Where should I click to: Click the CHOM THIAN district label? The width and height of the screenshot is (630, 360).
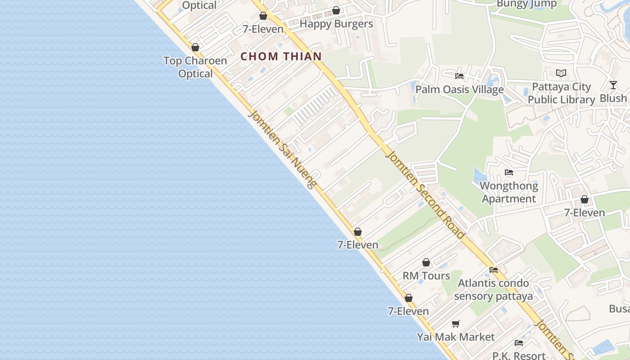pyautogui.click(x=281, y=56)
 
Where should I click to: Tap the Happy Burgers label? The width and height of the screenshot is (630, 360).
pyautogui.click(x=336, y=24)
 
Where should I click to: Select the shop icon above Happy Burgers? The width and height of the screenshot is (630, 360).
pyautogui.click(x=336, y=10)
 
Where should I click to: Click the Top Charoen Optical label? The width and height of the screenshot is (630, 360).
pyautogui.click(x=195, y=67)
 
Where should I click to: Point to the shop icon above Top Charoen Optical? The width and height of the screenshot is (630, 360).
pyautogui.click(x=195, y=47)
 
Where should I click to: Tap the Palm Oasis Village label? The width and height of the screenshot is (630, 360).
pyautogui.click(x=459, y=90)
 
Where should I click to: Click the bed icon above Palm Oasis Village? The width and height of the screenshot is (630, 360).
pyautogui.click(x=459, y=76)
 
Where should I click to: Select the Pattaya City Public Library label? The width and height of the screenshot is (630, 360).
pyautogui.click(x=561, y=93)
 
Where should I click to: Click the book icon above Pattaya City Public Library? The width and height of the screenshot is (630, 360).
pyautogui.click(x=561, y=73)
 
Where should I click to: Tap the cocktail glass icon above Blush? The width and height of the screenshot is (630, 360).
pyautogui.click(x=613, y=85)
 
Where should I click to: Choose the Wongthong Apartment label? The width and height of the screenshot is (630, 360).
pyautogui.click(x=509, y=192)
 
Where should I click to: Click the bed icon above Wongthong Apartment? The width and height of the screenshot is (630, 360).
pyautogui.click(x=509, y=172)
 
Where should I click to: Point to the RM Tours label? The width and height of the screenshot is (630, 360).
pyautogui.click(x=426, y=276)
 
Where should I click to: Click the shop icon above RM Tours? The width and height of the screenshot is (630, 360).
pyautogui.click(x=426, y=262)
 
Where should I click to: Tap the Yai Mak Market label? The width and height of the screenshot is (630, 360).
pyautogui.click(x=456, y=337)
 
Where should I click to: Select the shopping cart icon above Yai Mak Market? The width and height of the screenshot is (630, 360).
pyautogui.click(x=456, y=324)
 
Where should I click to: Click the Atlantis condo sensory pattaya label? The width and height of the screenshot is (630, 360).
pyautogui.click(x=494, y=290)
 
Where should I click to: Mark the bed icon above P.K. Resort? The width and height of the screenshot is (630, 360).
pyautogui.click(x=519, y=343)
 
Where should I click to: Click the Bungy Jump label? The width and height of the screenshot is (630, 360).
pyautogui.click(x=527, y=4)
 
